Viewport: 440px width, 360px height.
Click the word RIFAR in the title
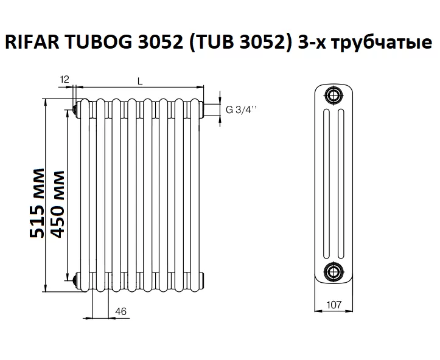[32, 43]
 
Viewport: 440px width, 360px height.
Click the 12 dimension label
[65, 80]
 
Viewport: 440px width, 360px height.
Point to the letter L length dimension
[140, 81]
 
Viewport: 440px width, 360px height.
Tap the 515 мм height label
[37, 203]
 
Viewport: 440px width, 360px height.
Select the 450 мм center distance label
[57, 204]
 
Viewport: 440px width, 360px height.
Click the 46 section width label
[121, 311]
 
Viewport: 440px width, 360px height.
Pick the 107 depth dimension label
[334, 305]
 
